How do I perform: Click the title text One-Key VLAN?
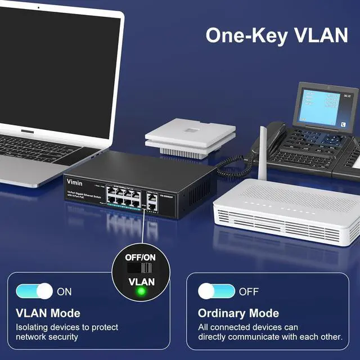click(x=276, y=35)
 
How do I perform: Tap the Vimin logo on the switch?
click(x=75, y=182)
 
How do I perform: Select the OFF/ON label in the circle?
click(x=141, y=256)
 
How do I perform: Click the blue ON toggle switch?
click(x=35, y=291)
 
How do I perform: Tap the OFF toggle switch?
click(x=216, y=291)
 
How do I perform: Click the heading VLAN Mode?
click(x=47, y=313)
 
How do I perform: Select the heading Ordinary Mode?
click(x=238, y=313)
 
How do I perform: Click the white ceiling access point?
click(x=190, y=135)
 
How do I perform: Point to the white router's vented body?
click(x=287, y=217)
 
